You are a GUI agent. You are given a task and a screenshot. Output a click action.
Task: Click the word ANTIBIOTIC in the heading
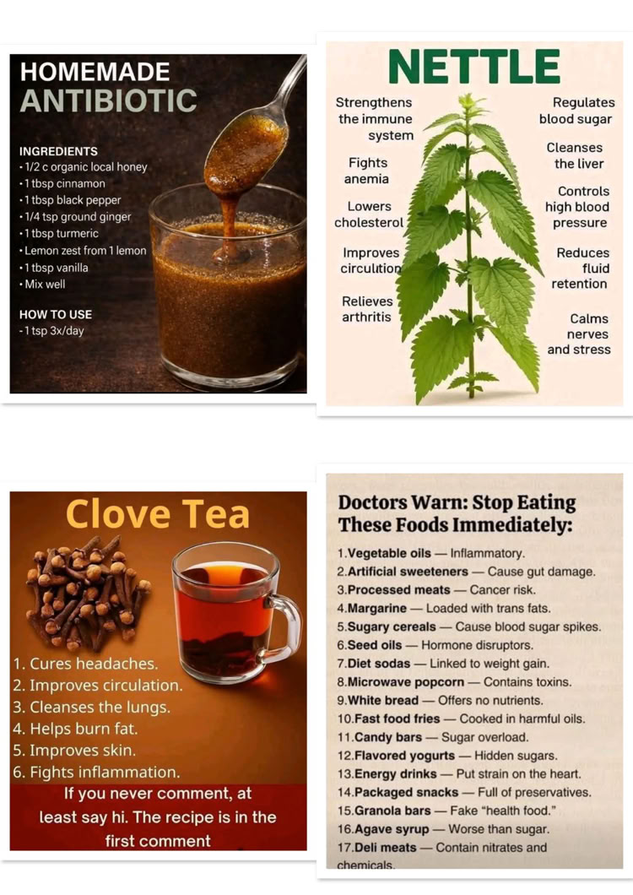pos(108,100)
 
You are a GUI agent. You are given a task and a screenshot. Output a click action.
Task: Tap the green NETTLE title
pos(474,68)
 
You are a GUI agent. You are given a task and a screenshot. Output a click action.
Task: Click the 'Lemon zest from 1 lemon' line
pos(83,251)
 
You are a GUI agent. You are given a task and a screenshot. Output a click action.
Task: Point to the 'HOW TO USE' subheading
pos(56,314)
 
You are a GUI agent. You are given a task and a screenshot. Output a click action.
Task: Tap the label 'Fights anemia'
pos(367,171)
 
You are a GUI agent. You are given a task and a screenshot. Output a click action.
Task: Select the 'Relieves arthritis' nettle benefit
pos(367,309)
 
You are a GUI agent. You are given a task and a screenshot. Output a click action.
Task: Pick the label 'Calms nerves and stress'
pos(579,334)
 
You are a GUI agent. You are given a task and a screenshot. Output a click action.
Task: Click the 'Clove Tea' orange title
pos(158,513)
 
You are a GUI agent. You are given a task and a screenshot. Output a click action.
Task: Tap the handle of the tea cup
pos(285,628)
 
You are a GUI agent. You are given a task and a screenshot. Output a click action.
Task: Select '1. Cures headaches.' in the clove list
pos(85,664)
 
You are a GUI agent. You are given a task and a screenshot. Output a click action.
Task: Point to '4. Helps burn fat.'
pos(75,729)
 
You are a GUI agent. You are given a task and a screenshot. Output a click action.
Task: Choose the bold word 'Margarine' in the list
pos(377,609)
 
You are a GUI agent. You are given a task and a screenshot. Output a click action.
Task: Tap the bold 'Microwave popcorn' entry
pos(406,682)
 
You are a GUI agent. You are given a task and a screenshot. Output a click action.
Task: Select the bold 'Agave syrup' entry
pos(392,829)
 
